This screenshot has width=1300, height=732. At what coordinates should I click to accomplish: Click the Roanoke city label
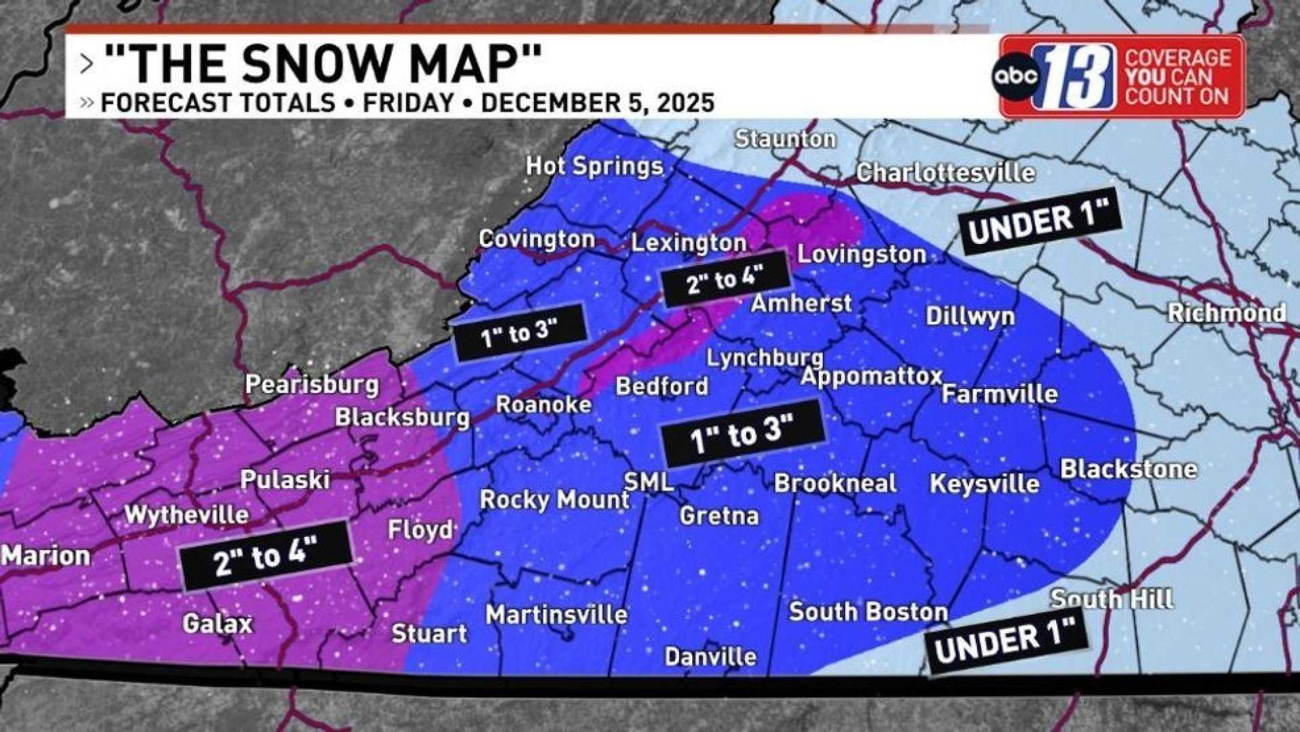pyautogui.click(x=544, y=405)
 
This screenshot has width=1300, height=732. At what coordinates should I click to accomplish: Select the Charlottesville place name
pyautogui.click(x=945, y=173)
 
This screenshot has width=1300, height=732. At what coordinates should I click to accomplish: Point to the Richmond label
pyautogui.click(x=1226, y=312)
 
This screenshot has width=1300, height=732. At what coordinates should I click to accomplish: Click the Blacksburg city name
pyautogui.click(x=402, y=417)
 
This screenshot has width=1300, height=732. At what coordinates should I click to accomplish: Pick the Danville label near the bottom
pyautogui.click(x=710, y=656)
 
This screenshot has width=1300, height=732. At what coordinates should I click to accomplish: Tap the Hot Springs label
pyautogui.click(x=594, y=166)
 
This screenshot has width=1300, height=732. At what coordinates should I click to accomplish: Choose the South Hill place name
pyautogui.click(x=1112, y=598)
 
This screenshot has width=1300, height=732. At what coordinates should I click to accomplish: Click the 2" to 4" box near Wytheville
pyautogui.click(x=266, y=555)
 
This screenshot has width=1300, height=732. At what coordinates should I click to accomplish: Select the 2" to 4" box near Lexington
pyautogui.click(x=725, y=279)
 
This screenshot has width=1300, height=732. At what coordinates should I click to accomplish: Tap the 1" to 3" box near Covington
pyautogui.click(x=519, y=333)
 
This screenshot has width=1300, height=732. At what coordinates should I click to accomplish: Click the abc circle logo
pyautogui.click(x=1015, y=75)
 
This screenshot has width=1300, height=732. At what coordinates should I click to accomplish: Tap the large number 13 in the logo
pyautogui.click(x=1074, y=77)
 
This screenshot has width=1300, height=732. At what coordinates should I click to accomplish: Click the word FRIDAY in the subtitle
pyautogui.click(x=408, y=103)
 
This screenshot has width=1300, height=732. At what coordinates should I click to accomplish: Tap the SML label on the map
pyautogui.click(x=649, y=481)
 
